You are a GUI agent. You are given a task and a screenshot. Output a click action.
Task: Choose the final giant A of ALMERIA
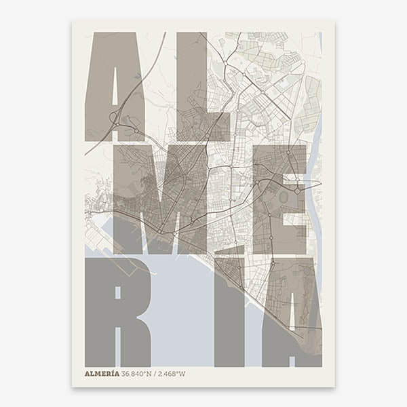pyautogui.click(x=292, y=312)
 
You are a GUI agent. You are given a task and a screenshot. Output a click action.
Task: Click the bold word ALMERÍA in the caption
pyautogui.click(x=102, y=373)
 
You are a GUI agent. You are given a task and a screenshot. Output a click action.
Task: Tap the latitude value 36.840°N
pyautogui.click(x=138, y=373)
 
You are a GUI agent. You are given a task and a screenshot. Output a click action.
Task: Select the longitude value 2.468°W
pyautogui.click(x=172, y=373)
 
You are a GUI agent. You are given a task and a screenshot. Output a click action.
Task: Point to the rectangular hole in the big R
pyautogui.click(x=117, y=292)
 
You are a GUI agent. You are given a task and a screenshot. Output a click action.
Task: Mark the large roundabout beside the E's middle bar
pyautogui.click(x=297, y=191)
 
